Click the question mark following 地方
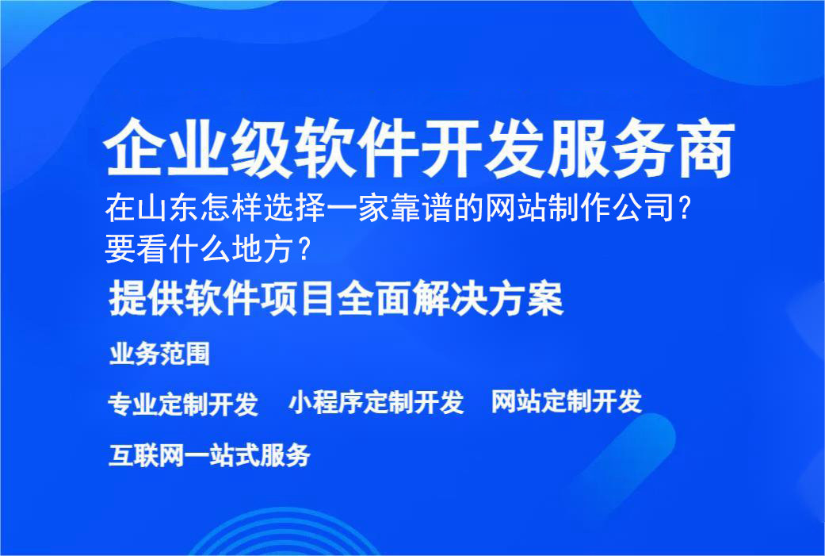coord(302,251)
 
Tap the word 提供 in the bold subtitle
coord(138,301)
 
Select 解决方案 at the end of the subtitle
coord(502,301)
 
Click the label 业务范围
coord(159,354)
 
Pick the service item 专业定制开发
coord(183,404)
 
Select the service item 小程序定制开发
coord(376,402)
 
